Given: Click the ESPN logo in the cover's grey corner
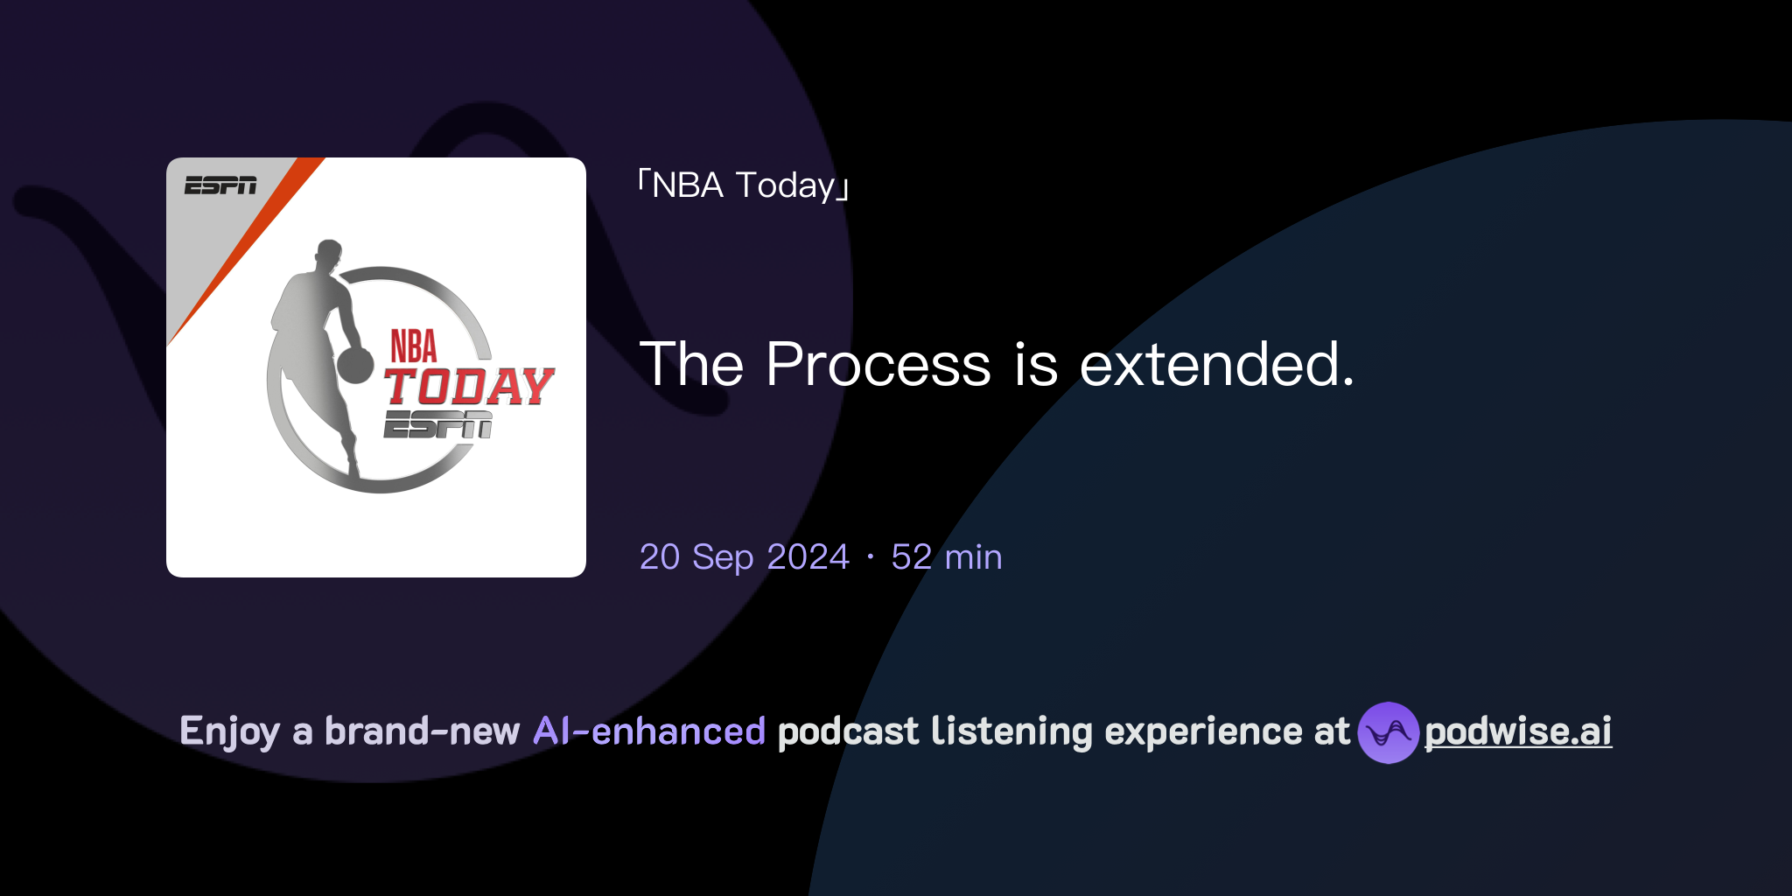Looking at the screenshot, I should [x=220, y=185].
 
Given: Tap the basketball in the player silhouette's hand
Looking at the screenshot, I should [x=355, y=365].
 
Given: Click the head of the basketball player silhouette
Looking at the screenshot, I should [x=328, y=253].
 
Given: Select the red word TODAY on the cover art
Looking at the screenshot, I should [x=469, y=387].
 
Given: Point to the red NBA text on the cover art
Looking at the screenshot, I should [x=413, y=346].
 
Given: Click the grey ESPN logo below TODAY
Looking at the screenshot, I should [x=437, y=425].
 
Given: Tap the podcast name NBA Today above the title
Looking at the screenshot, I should [x=744, y=185].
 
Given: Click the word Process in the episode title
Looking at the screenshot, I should [x=878, y=364].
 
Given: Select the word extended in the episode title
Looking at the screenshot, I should [x=1216, y=364].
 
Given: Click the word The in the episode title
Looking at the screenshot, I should [x=691, y=364].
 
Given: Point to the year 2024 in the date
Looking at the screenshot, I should [x=808, y=557].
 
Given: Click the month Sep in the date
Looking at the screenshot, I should [x=723, y=557].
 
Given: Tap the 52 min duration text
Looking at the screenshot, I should [x=946, y=557].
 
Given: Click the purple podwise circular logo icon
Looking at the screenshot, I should [x=1388, y=732].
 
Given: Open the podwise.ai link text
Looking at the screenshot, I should [x=1518, y=732].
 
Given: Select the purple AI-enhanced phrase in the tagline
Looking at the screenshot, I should [x=649, y=731].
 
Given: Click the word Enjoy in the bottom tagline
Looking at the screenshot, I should [x=229, y=732].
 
